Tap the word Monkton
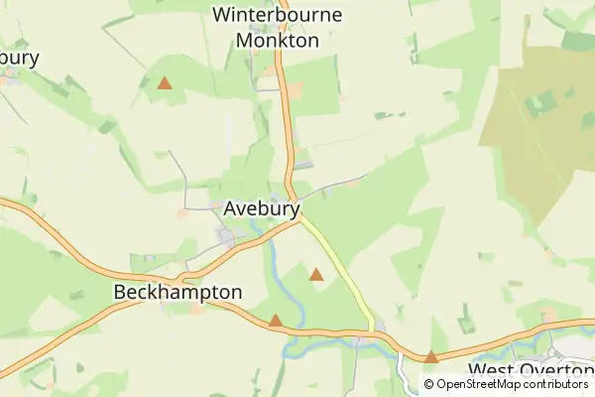278,41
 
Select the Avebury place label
261,209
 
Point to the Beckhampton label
178,293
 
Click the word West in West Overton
490,369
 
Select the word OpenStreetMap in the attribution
483,384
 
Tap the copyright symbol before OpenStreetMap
429,384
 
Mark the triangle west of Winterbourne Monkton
165,83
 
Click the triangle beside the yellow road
316,274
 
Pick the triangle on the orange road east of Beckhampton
275,321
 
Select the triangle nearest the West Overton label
431,356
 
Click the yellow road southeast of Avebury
342,273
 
